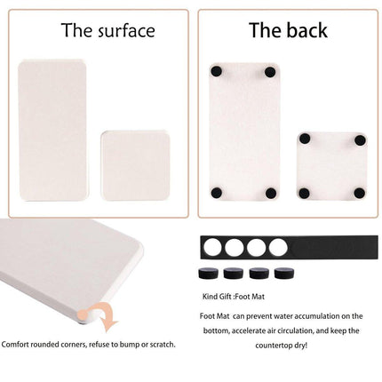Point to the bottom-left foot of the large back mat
[x=216, y=192]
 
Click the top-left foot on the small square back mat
[x=303, y=139]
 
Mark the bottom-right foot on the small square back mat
[x=359, y=193]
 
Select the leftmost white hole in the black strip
[x=212, y=246]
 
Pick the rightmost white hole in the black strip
[x=281, y=246]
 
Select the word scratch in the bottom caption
[x=158, y=344]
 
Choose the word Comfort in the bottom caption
[x=20, y=344]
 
